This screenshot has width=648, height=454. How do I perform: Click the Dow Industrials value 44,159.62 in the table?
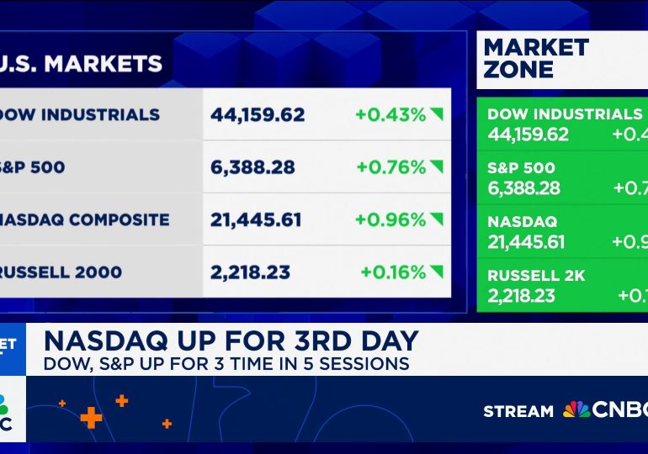pyautogui.click(x=258, y=114)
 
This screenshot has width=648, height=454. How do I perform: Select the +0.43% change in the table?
pyautogui.click(x=390, y=114)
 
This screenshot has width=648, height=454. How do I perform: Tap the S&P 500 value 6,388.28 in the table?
pyautogui.click(x=252, y=167)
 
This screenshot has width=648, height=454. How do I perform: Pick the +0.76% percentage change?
pyautogui.click(x=390, y=167)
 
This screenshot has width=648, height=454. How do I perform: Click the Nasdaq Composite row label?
pyautogui.click(x=84, y=219)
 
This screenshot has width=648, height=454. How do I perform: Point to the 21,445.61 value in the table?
pyautogui.click(x=257, y=219)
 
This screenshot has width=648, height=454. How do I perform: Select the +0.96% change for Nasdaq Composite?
pyautogui.click(x=390, y=219)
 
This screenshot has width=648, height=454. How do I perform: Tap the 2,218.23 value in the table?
pyautogui.click(x=250, y=272)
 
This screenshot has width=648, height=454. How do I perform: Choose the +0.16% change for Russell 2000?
pyautogui.click(x=393, y=272)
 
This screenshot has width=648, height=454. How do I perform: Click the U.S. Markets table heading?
pyautogui.click(x=81, y=63)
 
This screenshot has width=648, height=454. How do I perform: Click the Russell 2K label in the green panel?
pyautogui.click(x=536, y=276)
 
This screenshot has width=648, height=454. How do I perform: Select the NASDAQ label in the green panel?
pyautogui.click(x=522, y=222)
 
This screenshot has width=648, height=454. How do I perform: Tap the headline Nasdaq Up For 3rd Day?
pyautogui.click(x=231, y=340)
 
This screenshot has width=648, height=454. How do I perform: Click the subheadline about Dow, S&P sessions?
pyautogui.click(x=226, y=363)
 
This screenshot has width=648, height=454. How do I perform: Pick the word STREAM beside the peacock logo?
pyautogui.click(x=518, y=411)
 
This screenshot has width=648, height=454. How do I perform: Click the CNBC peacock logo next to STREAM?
pyautogui.click(x=576, y=409)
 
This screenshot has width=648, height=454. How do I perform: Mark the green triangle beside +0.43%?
pyautogui.click(x=436, y=115)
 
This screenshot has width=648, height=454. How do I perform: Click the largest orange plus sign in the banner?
pyautogui.click(x=91, y=416)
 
